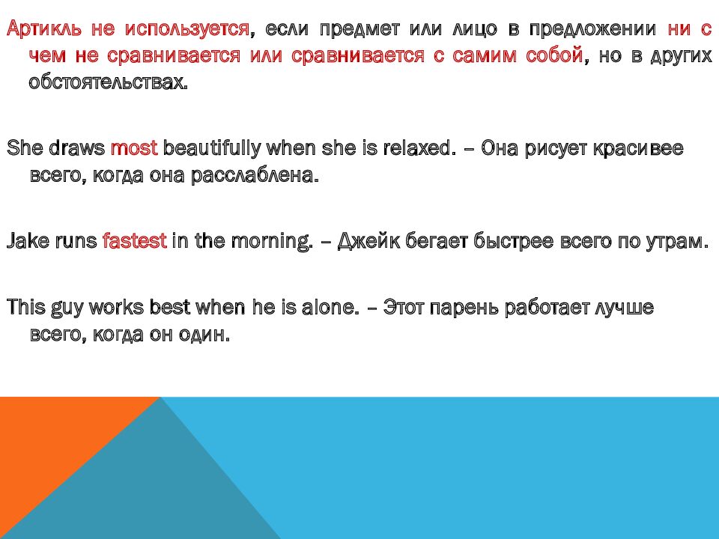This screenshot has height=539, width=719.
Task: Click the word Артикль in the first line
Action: (x=44, y=30)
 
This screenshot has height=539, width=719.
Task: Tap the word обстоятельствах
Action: (x=108, y=82)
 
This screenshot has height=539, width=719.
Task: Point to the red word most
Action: (x=134, y=148)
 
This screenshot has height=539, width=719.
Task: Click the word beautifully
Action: (x=212, y=148)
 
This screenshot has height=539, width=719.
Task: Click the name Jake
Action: (x=28, y=241)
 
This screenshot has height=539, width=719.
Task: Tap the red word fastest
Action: (x=134, y=241)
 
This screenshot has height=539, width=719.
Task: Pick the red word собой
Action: (x=552, y=56)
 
